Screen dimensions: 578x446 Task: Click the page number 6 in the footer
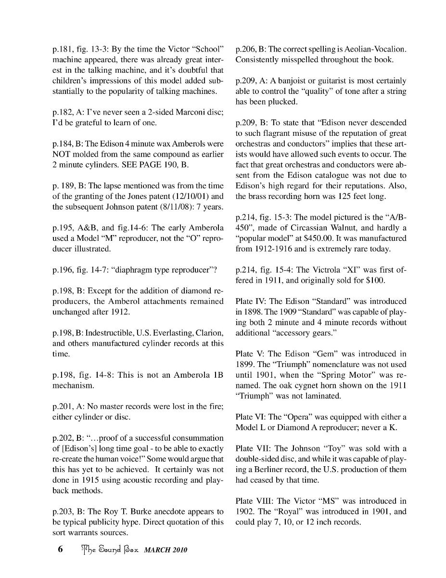pos(61,550)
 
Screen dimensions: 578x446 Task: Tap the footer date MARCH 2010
pos(165,550)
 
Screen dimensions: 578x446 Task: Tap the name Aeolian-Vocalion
pos(375,50)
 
